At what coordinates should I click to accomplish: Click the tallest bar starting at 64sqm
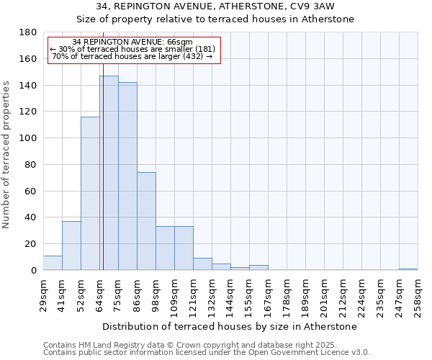tap(109, 173)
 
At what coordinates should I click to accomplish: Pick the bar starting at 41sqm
tap(71, 246)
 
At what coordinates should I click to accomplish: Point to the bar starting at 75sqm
tap(127, 176)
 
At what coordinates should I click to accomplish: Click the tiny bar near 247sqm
tap(408, 269)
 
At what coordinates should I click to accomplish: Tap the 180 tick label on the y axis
tap(29, 32)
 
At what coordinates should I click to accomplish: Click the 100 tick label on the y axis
tap(29, 138)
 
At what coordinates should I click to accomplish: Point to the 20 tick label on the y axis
tap(32, 244)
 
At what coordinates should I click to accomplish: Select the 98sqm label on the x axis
tap(156, 292)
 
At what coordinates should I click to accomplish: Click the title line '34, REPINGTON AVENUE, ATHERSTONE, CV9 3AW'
tap(215, 6)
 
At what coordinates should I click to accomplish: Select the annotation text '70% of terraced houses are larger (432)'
tap(133, 56)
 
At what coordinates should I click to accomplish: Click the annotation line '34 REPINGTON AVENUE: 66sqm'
tap(133, 42)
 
